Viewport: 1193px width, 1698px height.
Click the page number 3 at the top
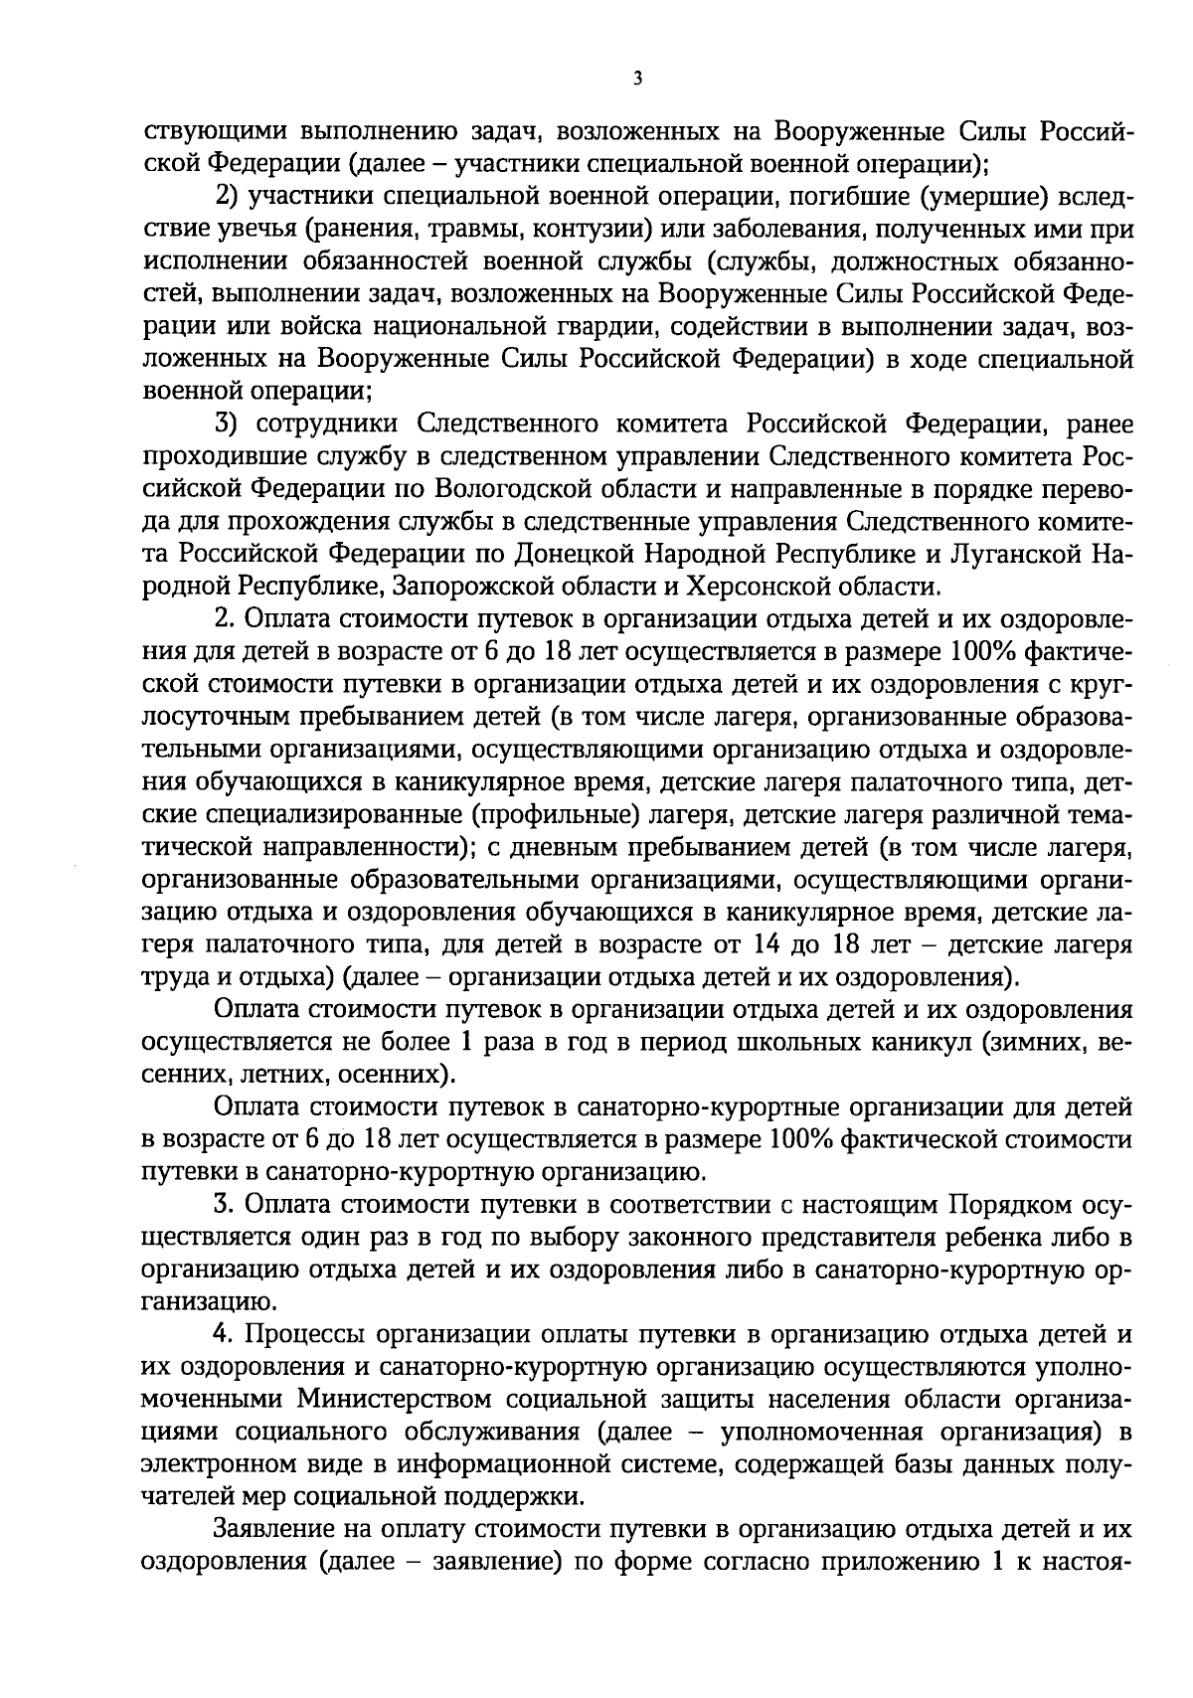tap(636, 79)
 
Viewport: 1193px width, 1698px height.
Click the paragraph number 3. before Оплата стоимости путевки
tap(226, 1205)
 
